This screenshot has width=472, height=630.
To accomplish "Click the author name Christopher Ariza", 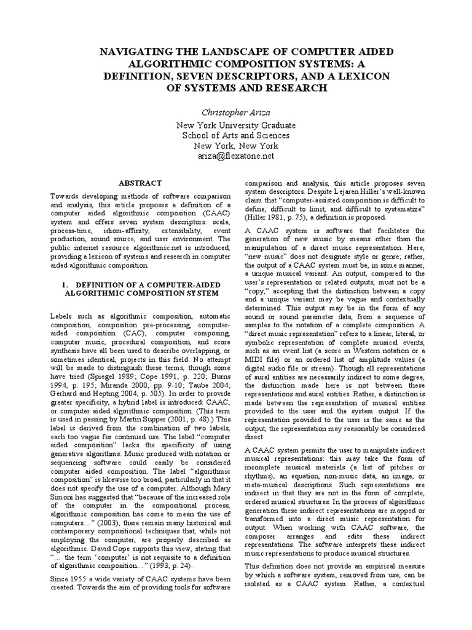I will click(x=236, y=113).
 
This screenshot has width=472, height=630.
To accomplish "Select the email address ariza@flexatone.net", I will click(x=236, y=156).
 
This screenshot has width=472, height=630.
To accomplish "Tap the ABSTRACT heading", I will click(x=141, y=183).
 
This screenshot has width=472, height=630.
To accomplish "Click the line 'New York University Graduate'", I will click(x=236, y=125).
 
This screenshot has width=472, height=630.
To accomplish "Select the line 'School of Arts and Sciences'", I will click(x=236, y=135).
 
